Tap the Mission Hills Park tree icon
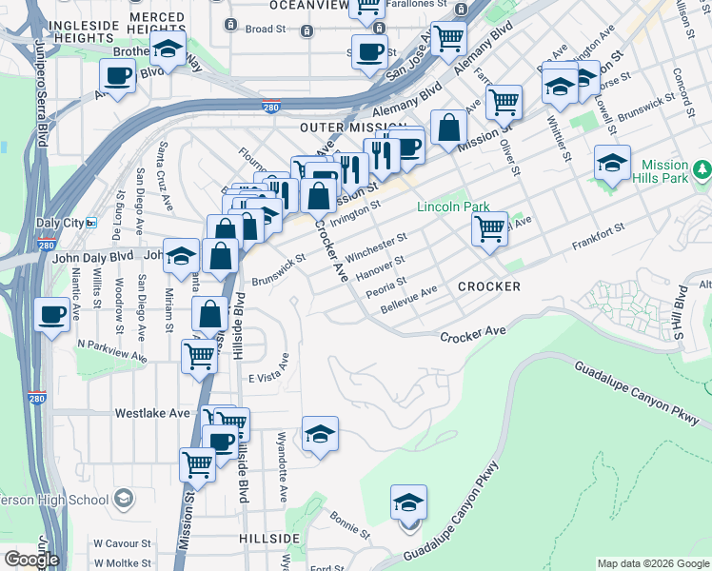[702, 169]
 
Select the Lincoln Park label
[451, 207]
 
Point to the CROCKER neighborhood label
[488, 286]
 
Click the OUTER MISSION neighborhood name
[346, 127]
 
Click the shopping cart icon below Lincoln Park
[489, 227]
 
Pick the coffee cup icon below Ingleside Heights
[119, 76]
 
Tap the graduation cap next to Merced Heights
[168, 49]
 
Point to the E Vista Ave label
[268, 379]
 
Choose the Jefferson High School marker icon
[123, 499]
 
